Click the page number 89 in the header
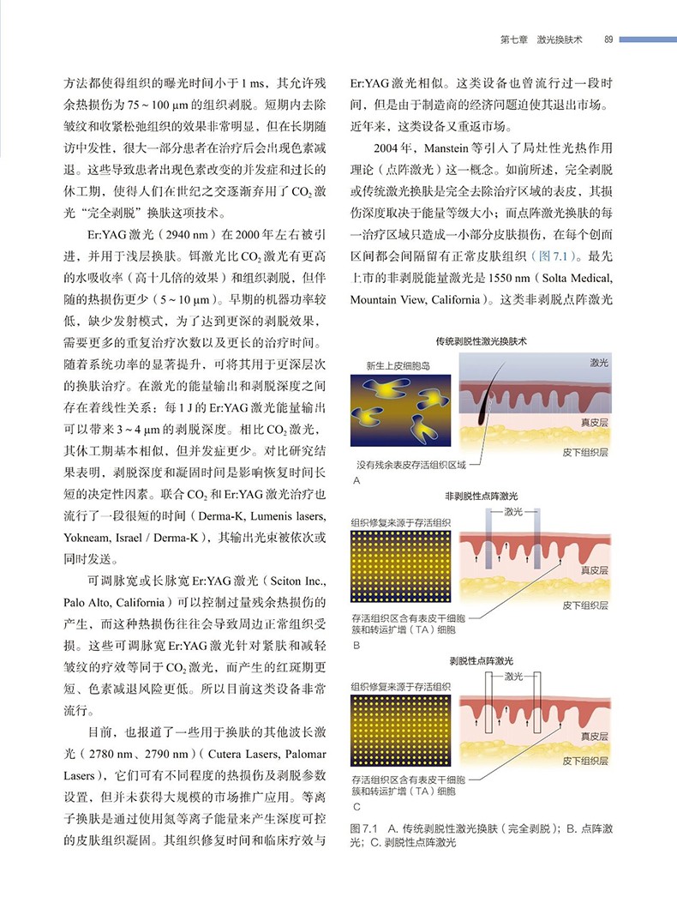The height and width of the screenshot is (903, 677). click(x=607, y=39)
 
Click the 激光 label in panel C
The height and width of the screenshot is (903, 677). click(x=514, y=677)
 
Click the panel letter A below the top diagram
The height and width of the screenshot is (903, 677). click(x=356, y=483)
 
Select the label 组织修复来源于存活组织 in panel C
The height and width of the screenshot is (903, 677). click(x=400, y=687)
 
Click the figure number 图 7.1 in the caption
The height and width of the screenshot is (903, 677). click(x=365, y=829)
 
